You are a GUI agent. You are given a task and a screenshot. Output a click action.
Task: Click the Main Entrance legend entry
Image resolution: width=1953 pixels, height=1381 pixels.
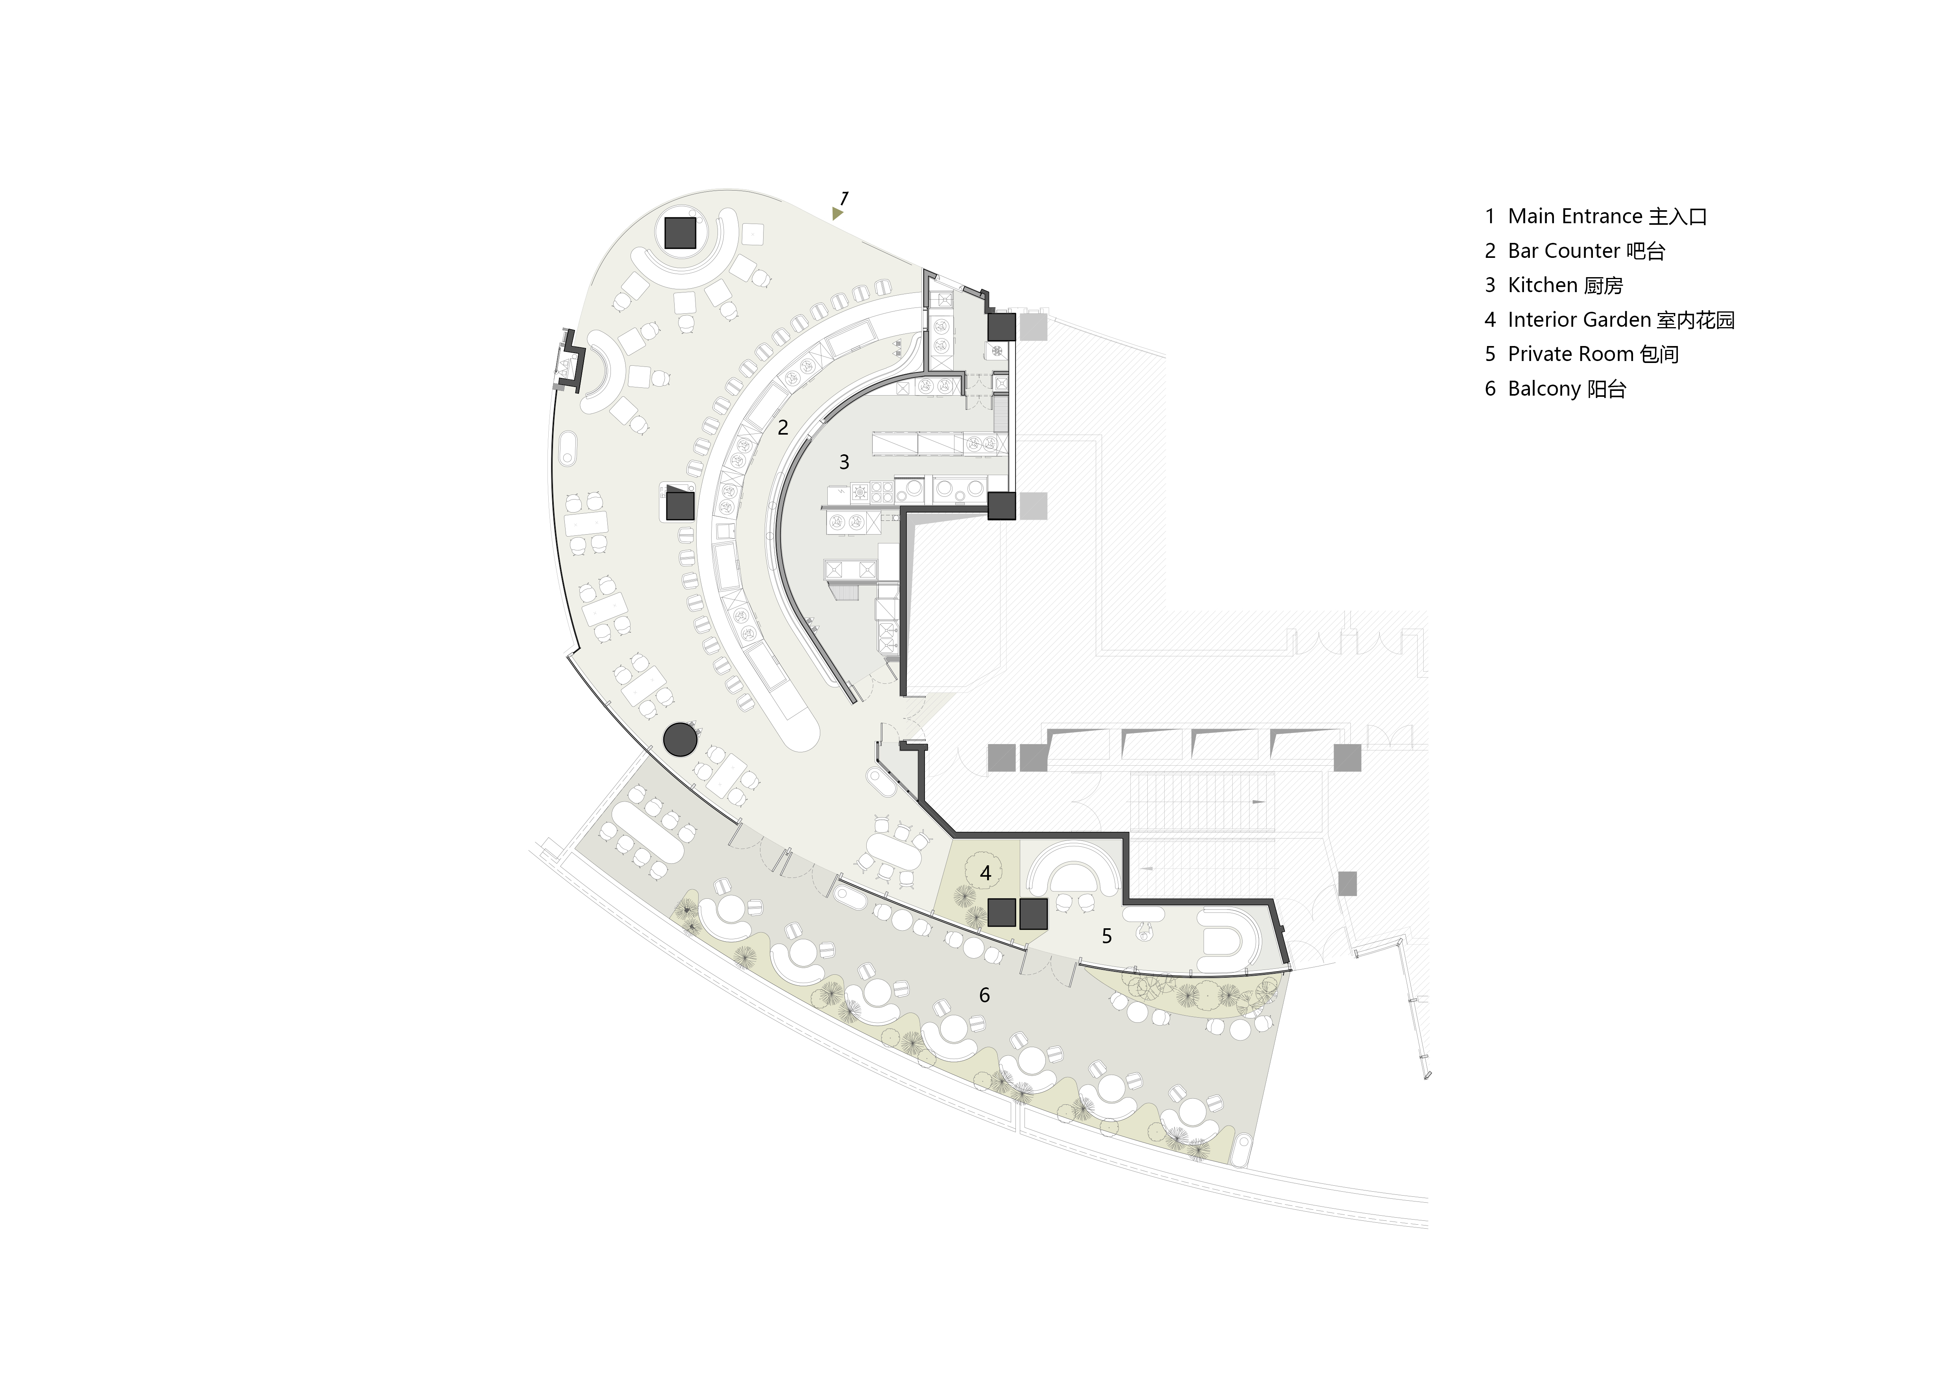coord(1596,216)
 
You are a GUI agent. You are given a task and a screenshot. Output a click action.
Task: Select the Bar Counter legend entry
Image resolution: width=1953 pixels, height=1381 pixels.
coord(1574,251)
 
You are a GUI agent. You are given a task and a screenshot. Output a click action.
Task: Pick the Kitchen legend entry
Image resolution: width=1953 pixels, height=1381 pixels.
coord(1553,285)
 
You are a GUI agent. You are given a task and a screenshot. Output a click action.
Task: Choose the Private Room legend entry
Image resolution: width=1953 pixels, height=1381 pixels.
coord(1581,354)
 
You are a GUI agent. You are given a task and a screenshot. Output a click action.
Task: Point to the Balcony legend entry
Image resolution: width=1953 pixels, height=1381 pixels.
coord(1555,389)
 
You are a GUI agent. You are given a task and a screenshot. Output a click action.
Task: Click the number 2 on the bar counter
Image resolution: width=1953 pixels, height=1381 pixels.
coord(782,427)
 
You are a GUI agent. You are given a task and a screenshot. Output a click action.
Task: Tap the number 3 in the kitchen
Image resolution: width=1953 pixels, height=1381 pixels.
coord(844,462)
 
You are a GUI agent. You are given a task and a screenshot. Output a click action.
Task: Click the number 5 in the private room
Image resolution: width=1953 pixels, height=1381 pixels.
coord(1107,936)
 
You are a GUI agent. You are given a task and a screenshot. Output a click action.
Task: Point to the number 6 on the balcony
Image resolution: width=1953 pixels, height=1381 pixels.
coord(984,995)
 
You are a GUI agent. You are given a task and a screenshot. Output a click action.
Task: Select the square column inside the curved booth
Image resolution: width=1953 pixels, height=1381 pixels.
coord(680,232)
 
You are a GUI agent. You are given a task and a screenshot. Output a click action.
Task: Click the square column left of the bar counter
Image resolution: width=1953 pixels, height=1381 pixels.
coord(681,506)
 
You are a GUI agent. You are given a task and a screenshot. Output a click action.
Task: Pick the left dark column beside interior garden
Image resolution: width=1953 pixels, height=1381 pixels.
coord(1002,913)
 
